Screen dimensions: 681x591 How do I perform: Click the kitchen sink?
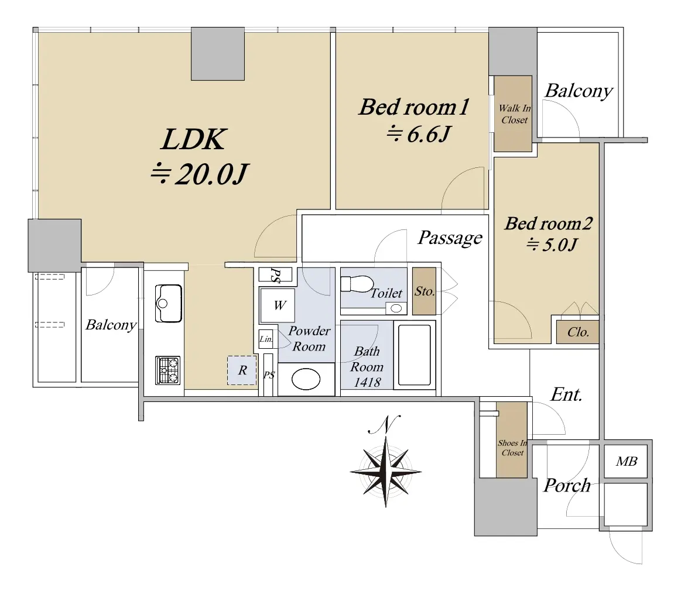pyautogui.click(x=169, y=303)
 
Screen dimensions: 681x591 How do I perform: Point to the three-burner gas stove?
pyautogui.click(x=168, y=370)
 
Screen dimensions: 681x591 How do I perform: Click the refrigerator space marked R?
pyautogui.click(x=242, y=370)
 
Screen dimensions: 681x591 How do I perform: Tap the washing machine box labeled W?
pyautogui.click(x=278, y=305)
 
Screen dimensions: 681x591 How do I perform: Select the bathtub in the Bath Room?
pyautogui.click(x=415, y=355)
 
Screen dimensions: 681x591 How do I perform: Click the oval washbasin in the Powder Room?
pyautogui.click(x=306, y=379)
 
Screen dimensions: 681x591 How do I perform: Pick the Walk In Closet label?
pyautogui.click(x=514, y=114)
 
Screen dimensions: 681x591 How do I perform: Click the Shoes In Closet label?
pyautogui.click(x=512, y=448)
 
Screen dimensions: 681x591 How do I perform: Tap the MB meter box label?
pyautogui.click(x=627, y=461)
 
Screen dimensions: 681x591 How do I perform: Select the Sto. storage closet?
pyautogui.click(x=424, y=291)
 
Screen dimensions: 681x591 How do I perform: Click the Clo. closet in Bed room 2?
pyautogui.click(x=577, y=332)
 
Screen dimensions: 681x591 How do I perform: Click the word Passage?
pyautogui.click(x=450, y=238)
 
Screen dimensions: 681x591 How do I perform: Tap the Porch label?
pyautogui.click(x=567, y=485)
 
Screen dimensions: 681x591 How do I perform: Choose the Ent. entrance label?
pyautogui.click(x=566, y=394)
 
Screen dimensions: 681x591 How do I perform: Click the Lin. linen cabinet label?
pyautogui.click(x=266, y=339)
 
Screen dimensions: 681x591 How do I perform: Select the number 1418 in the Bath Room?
pyautogui.click(x=367, y=382)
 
